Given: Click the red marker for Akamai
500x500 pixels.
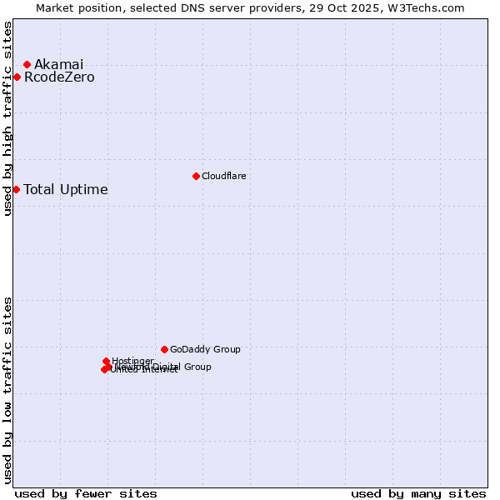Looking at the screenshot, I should (x=27, y=64).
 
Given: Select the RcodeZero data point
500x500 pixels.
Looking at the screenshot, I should (x=17, y=77).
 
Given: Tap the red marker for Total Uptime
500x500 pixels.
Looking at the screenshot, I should (x=16, y=189).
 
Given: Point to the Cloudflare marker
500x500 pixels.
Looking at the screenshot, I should (x=196, y=176).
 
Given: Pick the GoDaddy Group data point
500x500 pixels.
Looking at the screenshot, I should (x=164, y=349).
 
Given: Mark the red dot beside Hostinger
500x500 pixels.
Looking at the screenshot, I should (x=106, y=362).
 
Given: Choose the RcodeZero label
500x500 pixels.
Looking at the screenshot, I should (x=59, y=77).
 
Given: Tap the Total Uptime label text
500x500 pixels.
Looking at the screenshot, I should (x=66, y=189).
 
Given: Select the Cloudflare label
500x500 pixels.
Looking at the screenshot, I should (x=223, y=176).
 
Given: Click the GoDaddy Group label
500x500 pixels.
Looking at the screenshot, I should (x=205, y=349).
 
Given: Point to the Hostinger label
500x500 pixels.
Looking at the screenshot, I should (x=132, y=361).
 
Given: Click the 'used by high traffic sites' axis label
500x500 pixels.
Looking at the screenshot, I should (x=7, y=118).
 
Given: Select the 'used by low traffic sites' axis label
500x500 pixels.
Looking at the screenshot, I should (x=7, y=390).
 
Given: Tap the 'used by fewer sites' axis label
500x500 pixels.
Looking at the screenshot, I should (x=86, y=493).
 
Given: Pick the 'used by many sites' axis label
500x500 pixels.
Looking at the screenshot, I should (x=418, y=493).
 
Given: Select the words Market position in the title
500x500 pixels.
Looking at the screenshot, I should (x=76, y=7).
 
